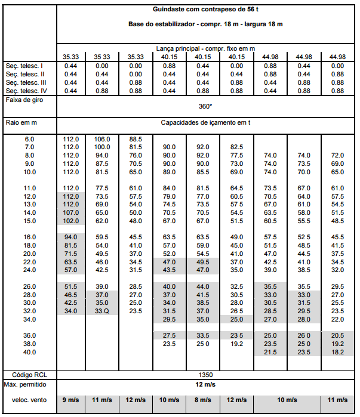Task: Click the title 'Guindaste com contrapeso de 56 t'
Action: point(205,9)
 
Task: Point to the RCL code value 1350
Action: point(205,375)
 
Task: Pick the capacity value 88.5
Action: point(136,139)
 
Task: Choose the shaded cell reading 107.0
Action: point(71,212)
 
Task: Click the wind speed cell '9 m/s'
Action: point(71,400)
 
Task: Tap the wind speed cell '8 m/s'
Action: point(203,400)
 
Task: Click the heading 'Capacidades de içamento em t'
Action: point(205,122)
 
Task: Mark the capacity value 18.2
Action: point(337,352)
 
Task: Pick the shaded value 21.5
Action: point(270,352)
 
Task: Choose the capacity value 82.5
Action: point(237,147)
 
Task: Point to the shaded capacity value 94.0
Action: point(71,237)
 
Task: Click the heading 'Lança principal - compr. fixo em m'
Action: point(205,48)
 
